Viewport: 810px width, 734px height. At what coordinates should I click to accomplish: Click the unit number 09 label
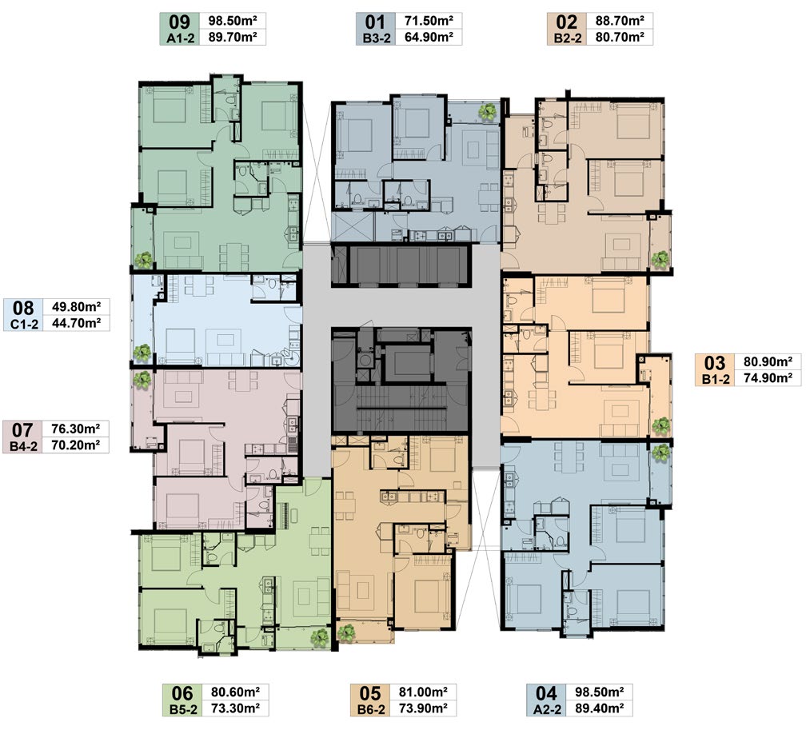click(180, 22)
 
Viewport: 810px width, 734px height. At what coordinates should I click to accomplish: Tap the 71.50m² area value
click(429, 21)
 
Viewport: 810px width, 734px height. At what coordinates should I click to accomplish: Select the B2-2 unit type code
click(567, 38)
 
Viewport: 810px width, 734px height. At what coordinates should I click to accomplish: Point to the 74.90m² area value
click(768, 377)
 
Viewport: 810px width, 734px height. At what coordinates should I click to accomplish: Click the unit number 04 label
click(547, 693)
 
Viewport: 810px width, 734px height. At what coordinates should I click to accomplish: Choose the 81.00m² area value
click(423, 692)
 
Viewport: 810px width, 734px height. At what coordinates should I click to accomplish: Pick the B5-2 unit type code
click(183, 709)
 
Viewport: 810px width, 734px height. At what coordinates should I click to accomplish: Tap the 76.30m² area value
click(75, 429)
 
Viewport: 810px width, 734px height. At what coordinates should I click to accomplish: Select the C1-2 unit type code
click(24, 325)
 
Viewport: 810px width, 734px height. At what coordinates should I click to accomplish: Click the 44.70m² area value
click(77, 323)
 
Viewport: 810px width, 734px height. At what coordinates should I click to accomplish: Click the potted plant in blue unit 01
click(487, 112)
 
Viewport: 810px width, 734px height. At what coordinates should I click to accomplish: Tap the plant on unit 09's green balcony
click(143, 260)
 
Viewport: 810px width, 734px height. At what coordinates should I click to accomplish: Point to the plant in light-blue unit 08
click(142, 353)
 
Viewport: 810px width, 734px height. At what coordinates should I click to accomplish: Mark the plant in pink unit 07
click(141, 380)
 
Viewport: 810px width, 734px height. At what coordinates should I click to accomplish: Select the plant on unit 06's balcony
click(321, 637)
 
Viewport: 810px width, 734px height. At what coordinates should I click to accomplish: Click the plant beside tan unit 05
click(345, 632)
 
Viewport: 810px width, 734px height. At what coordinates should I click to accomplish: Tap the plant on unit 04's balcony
click(660, 453)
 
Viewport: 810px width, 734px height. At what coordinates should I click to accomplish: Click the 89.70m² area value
click(233, 37)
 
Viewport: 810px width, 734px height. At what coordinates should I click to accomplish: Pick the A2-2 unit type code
click(547, 709)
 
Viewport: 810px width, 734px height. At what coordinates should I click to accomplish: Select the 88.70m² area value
click(620, 21)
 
